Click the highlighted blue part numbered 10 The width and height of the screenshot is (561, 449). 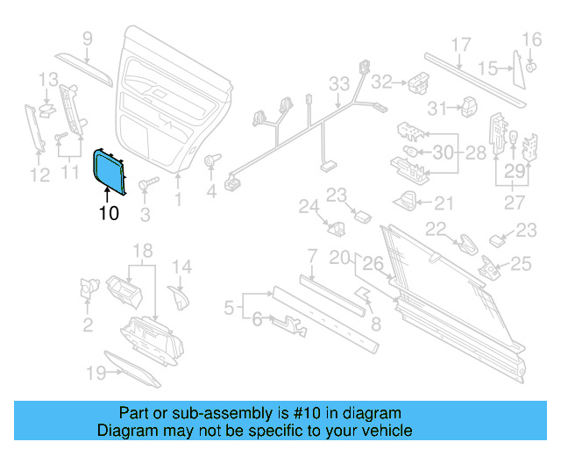(x=109, y=170)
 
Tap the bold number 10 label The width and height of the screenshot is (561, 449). (x=109, y=212)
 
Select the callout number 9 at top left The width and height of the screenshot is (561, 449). (x=88, y=38)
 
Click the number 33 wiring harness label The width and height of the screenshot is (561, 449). (x=338, y=84)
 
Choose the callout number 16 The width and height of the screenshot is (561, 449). (x=532, y=39)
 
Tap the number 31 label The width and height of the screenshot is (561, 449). (x=437, y=108)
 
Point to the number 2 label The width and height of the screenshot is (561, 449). (x=88, y=326)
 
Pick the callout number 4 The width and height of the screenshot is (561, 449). (x=211, y=190)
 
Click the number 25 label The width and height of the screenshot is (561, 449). (x=521, y=262)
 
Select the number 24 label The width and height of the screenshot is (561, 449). (x=307, y=207)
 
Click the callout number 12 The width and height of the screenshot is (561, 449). (x=39, y=175)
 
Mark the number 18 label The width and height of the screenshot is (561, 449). (x=143, y=253)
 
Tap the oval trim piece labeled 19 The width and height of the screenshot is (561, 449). (x=132, y=369)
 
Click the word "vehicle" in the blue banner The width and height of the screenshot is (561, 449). (x=383, y=431)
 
